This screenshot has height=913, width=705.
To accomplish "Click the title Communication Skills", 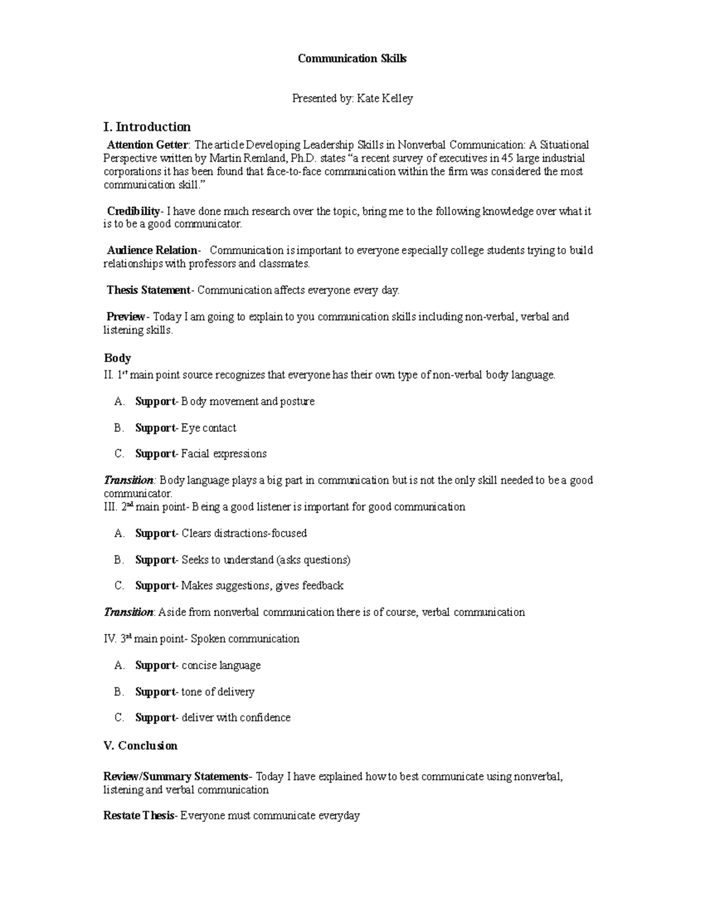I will (352, 58).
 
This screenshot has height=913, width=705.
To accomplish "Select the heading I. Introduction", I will (147, 127).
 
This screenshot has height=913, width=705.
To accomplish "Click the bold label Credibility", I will (133, 211).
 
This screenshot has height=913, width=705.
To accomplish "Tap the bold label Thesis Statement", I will (148, 290).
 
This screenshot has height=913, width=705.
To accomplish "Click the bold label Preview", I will (125, 317).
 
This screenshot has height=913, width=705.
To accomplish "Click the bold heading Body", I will (117, 358).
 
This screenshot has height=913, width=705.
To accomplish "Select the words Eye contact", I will (209, 428).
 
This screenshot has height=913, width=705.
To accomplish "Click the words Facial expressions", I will (224, 454).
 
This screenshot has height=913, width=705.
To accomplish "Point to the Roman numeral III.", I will (110, 507).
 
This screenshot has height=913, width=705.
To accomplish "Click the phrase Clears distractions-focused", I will (244, 533).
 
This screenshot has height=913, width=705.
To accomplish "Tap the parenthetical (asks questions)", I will (313, 560).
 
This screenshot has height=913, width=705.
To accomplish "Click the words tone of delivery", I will (218, 692).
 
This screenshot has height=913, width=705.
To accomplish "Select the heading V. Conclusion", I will (140, 745).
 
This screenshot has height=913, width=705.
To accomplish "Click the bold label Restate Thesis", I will (139, 815).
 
